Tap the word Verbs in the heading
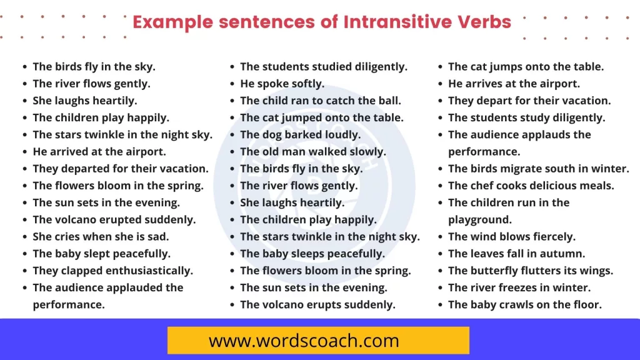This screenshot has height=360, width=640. pos(482,22)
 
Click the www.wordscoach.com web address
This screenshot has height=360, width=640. pos(304,341)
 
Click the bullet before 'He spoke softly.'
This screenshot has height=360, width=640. pos(232,84)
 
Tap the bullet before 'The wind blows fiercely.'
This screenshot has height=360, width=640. pos(440,237)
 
